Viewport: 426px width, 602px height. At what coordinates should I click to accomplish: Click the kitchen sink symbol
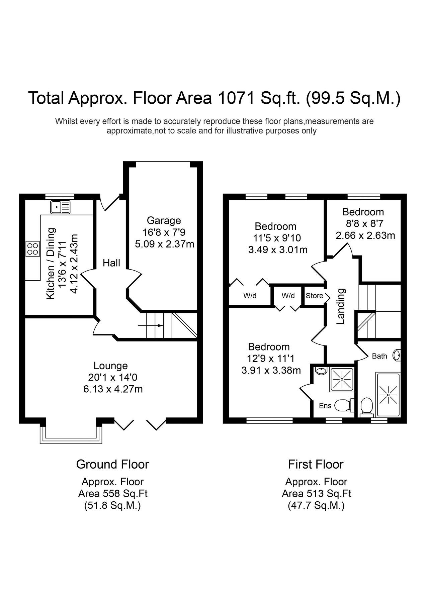click(x=61, y=207)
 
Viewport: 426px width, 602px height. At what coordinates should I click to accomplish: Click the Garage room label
click(x=164, y=220)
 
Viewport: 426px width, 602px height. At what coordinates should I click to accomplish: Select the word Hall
click(x=111, y=263)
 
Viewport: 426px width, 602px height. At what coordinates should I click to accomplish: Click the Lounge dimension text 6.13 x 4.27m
click(x=113, y=389)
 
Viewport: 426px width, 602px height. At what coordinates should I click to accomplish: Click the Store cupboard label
click(x=314, y=296)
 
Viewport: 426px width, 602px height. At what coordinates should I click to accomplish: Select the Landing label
click(x=341, y=306)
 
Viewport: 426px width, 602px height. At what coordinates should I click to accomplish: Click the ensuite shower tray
click(x=342, y=379)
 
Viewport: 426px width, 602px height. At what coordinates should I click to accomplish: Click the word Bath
click(x=379, y=356)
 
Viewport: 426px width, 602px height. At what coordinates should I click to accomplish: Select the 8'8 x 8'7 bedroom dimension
click(x=363, y=223)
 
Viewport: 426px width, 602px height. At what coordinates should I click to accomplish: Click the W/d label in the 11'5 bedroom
click(x=250, y=296)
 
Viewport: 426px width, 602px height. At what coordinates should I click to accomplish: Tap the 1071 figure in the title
click(x=234, y=98)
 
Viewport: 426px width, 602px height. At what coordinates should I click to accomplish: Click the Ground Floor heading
click(x=112, y=464)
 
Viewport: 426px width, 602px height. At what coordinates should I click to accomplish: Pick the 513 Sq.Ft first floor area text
click(x=316, y=493)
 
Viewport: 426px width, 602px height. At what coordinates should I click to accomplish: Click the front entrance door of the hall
click(x=110, y=203)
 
